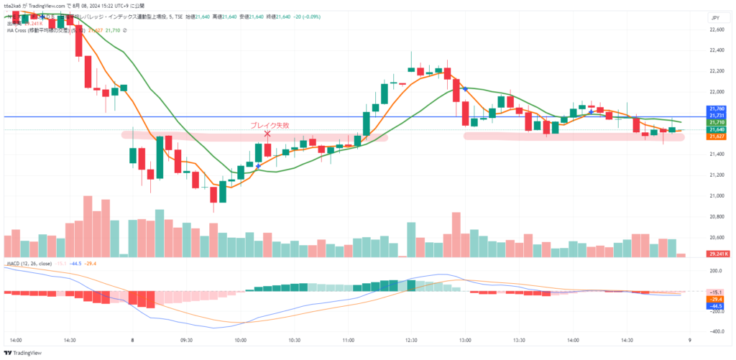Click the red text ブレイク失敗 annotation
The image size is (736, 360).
pyautogui.click(x=270, y=125)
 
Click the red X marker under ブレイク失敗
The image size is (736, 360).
pyautogui.click(x=267, y=134)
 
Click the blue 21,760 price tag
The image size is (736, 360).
pyautogui.click(x=717, y=109)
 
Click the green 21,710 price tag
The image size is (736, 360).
pyautogui.click(x=717, y=123)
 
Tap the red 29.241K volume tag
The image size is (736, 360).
pyautogui.click(x=718, y=254)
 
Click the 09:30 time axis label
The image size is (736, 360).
pyautogui.click(x=187, y=341)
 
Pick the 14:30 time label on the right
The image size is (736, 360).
pyautogui.click(x=627, y=341)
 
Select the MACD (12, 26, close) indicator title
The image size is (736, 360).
pyautogui.click(x=30, y=264)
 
